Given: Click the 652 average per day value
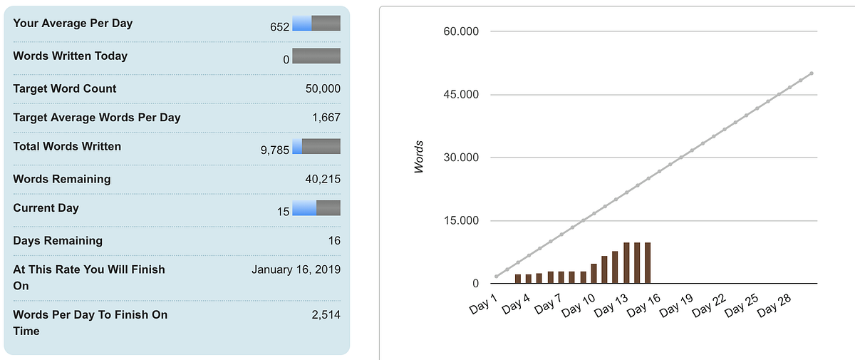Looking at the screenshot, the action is [279, 26].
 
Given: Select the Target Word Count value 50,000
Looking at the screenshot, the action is [323, 88].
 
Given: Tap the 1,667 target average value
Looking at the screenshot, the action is [326, 117].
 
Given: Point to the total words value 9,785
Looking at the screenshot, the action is [275, 150].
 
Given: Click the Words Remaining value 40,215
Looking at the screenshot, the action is [323, 179].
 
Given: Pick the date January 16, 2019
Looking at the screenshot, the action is [296, 269].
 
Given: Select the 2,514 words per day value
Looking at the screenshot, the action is [326, 314].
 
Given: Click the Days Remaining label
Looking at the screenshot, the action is [58, 240].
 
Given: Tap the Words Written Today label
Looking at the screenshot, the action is [71, 56].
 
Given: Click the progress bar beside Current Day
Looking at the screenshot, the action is [316, 208].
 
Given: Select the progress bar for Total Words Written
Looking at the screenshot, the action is [316, 146].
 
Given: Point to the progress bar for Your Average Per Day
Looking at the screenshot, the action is [316, 23].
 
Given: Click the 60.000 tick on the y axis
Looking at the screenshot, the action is [461, 31].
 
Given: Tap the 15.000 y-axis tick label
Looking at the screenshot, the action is [461, 221].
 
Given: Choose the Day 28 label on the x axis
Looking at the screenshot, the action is [774, 305].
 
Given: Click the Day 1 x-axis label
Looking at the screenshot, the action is [483, 304].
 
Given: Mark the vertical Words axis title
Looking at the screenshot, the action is [419, 157].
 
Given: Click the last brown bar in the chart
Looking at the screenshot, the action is [648, 263].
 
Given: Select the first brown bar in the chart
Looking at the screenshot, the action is [518, 279].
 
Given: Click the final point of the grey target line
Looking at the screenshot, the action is [812, 73].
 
